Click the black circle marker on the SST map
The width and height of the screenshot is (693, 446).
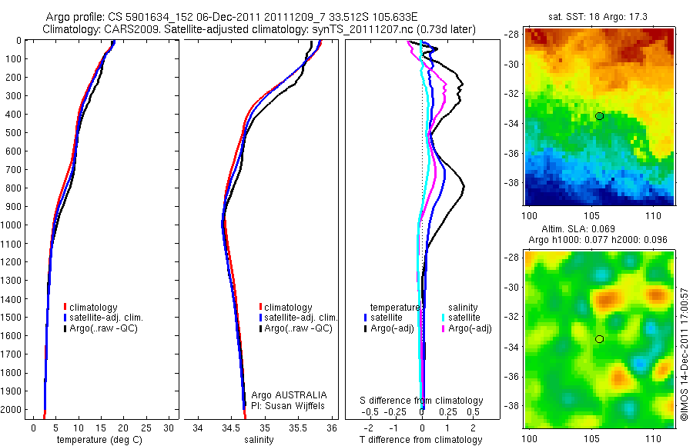(x=599, y=116)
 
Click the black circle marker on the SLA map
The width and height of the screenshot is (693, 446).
(x=599, y=338)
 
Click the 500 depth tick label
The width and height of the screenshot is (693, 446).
(x=13, y=132)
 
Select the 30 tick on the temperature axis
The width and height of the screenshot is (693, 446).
(x=169, y=427)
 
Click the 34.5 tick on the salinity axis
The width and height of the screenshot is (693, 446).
(x=231, y=427)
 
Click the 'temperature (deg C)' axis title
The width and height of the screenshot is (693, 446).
(x=96, y=440)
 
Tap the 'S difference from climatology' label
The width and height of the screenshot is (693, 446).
(x=422, y=401)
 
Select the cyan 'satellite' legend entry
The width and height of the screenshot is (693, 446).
(x=464, y=317)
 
